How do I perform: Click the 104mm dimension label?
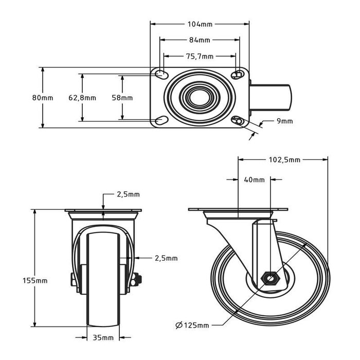(200, 24)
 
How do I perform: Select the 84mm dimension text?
(200, 40)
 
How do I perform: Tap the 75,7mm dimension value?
(200, 56)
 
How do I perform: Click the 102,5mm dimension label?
(285, 160)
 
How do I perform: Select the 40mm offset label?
(255, 180)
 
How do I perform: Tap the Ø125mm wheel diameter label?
(192, 325)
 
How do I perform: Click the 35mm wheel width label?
(103, 337)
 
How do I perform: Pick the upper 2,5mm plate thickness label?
(128, 194)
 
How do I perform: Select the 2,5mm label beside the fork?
(166, 258)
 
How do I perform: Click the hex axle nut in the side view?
(271, 278)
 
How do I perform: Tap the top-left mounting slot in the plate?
(161, 75)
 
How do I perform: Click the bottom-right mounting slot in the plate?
(238, 121)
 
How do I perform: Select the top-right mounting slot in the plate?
(238, 75)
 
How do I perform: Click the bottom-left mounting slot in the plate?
(161, 121)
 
